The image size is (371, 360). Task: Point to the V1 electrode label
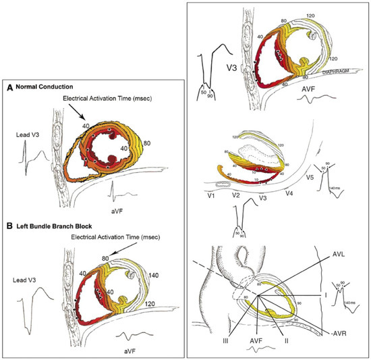tap(215, 195)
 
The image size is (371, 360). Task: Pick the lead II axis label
tap(287, 332)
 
